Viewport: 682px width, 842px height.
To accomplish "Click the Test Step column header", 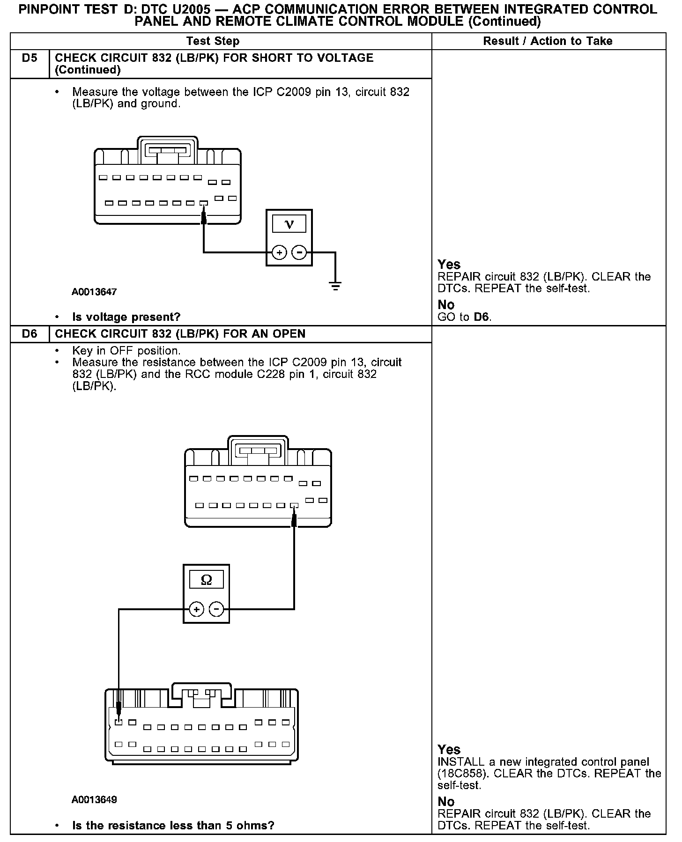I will pyautogui.click(x=213, y=41).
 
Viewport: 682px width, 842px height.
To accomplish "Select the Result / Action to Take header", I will pyautogui.click(x=548, y=41).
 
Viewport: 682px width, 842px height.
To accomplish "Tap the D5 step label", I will pyautogui.click(x=30, y=58).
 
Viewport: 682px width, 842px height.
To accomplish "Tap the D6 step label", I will pyautogui.click(x=30, y=334).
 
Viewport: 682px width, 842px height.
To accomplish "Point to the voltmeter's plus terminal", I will pyautogui.click(x=279, y=253).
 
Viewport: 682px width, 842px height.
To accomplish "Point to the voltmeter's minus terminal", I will pyautogui.click(x=299, y=253).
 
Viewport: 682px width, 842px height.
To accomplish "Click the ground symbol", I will pyautogui.click(x=335, y=285).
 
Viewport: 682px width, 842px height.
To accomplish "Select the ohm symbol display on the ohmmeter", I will pyautogui.click(x=206, y=580).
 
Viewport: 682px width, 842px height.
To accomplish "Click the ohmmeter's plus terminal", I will pyautogui.click(x=197, y=609).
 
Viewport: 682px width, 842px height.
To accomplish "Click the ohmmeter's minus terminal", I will pyautogui.click(x=216, y=609).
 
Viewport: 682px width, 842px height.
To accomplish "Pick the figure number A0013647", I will pyautogui.click(x=94, y=292).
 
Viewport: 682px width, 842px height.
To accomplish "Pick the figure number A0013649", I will pyautogui.click(x=94, y=799).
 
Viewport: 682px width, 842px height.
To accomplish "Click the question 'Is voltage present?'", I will pyautogui.click(x=126, y=317).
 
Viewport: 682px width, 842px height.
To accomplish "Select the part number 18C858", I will pyautogui.click(x=461, y=773).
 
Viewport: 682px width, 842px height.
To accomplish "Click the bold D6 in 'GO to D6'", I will pyautogui.click(x=482, y=317).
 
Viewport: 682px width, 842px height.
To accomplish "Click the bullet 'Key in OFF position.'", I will pyautogui.click(x=126, y=351).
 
